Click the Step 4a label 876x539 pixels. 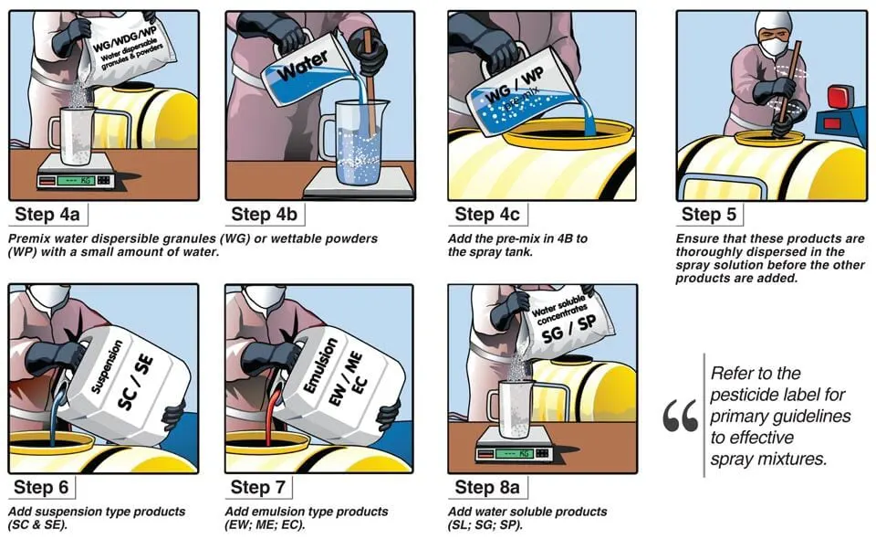click(47, 214)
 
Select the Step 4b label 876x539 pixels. click(265, 214)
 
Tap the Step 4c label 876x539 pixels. click(487, 214)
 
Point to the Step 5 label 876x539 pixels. click(709, 214)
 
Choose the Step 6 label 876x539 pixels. click(41, 487)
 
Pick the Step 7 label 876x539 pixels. click(257, 487)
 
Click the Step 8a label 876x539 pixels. click(487, 487)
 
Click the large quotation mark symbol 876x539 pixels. click(680, 416)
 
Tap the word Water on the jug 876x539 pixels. click(302, 66)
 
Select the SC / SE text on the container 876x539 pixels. click(135, 383)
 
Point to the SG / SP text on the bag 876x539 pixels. click(568, 329)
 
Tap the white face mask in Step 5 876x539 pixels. click(775, 46)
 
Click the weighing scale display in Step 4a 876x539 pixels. click(74, 181)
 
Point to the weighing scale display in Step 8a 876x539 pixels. click(514, 453)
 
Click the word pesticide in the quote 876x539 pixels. click(742, 395)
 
